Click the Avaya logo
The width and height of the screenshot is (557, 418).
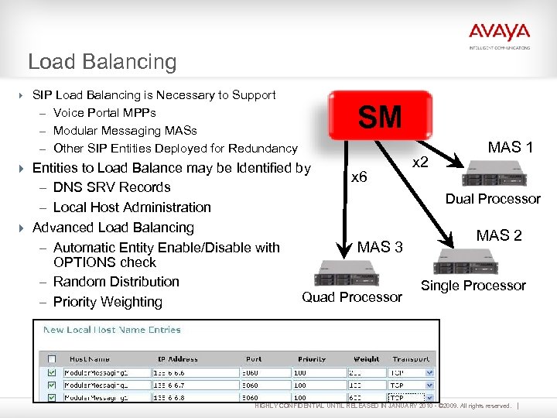499,33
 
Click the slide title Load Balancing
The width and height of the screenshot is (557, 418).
102,62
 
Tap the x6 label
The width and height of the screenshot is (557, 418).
359,176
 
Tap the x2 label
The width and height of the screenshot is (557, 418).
421,163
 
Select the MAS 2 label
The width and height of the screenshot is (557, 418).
499,235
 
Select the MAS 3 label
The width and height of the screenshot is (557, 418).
380,247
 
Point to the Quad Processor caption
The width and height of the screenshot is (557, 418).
352,297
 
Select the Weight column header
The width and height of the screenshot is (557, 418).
366,359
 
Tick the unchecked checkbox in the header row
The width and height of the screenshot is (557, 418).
51,359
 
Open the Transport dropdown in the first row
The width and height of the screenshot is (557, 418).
407,372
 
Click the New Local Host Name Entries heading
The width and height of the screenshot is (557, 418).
111,330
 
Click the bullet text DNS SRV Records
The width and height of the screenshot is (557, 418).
111,187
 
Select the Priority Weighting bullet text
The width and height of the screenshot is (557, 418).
108,302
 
